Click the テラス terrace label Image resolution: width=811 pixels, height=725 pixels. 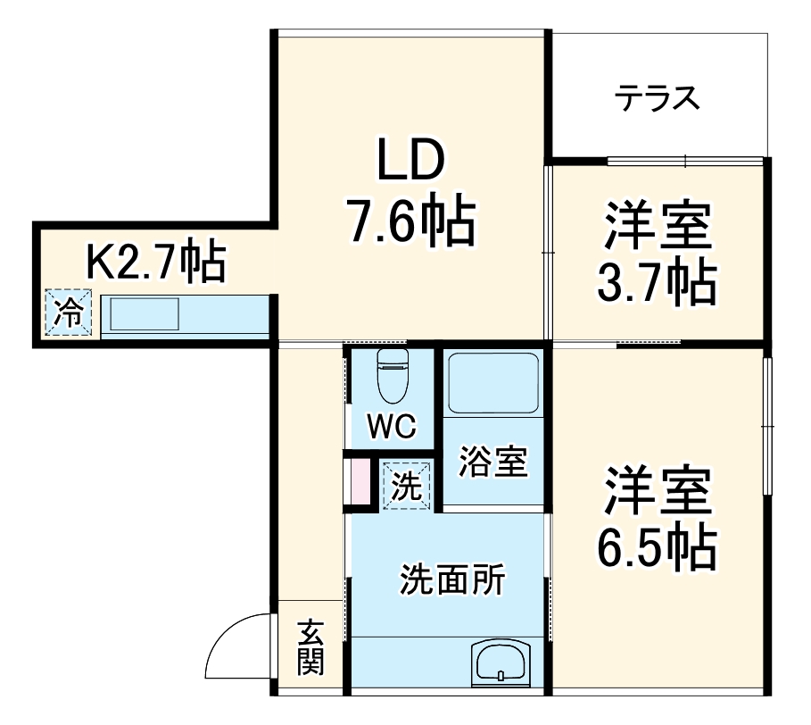point(657,97)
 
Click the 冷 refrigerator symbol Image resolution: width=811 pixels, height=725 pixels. point(69,313)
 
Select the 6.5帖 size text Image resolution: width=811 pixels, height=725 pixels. point(657,546)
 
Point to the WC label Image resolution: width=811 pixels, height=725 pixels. point(391,428)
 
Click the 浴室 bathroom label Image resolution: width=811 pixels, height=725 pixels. point(492,462)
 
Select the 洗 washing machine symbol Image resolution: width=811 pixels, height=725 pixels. point(407,486)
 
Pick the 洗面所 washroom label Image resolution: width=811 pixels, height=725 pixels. point(451,581)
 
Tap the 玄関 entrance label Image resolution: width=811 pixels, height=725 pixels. point(310,646)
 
